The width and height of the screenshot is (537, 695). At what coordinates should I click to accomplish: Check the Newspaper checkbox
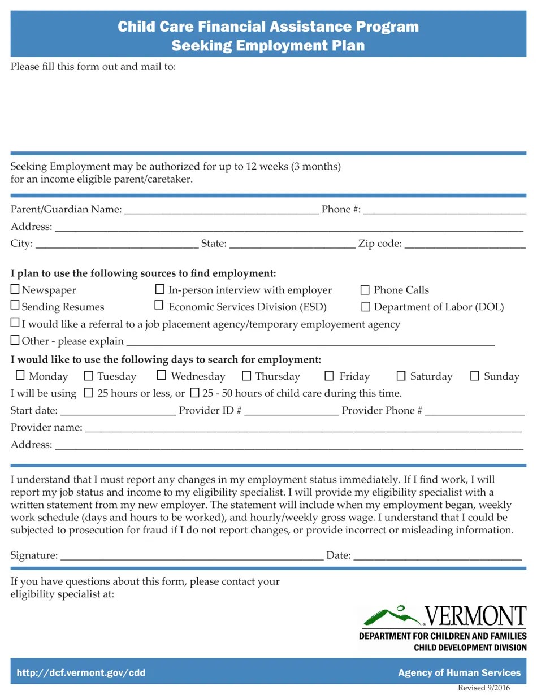coord(15,289)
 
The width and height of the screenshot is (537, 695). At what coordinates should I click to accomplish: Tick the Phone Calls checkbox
coord(365,290)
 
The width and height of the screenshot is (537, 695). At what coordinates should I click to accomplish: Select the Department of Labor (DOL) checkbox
coord(366,307)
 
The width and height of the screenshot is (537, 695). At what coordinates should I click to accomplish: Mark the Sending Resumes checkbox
coord(15,306)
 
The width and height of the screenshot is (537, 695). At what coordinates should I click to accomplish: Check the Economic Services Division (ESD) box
coord(159,306)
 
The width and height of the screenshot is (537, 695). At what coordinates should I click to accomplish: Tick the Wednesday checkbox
coord(162,375)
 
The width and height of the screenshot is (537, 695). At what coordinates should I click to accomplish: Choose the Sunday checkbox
coord(475,376)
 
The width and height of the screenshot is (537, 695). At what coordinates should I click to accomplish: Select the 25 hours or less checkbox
coord(89,392)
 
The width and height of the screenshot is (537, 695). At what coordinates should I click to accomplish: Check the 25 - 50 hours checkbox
coord(194,392)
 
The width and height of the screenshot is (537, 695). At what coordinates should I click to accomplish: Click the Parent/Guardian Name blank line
coord(220,210)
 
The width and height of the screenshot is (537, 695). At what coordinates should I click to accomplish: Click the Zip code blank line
coord(465,245)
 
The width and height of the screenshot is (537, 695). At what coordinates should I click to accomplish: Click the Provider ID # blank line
coord(291,411)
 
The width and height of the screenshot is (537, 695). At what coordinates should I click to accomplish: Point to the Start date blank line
coord(118,411)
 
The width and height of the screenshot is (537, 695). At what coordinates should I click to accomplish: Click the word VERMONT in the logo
coord(475,616)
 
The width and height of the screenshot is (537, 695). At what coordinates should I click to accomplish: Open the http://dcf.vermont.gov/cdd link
coord(81,673)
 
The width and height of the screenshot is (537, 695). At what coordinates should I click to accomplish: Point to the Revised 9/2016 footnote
coord(483,688)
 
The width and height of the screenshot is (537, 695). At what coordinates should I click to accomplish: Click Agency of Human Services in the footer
coord(459,673)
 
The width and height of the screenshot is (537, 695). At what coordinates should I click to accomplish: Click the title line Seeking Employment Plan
coord(268,45)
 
